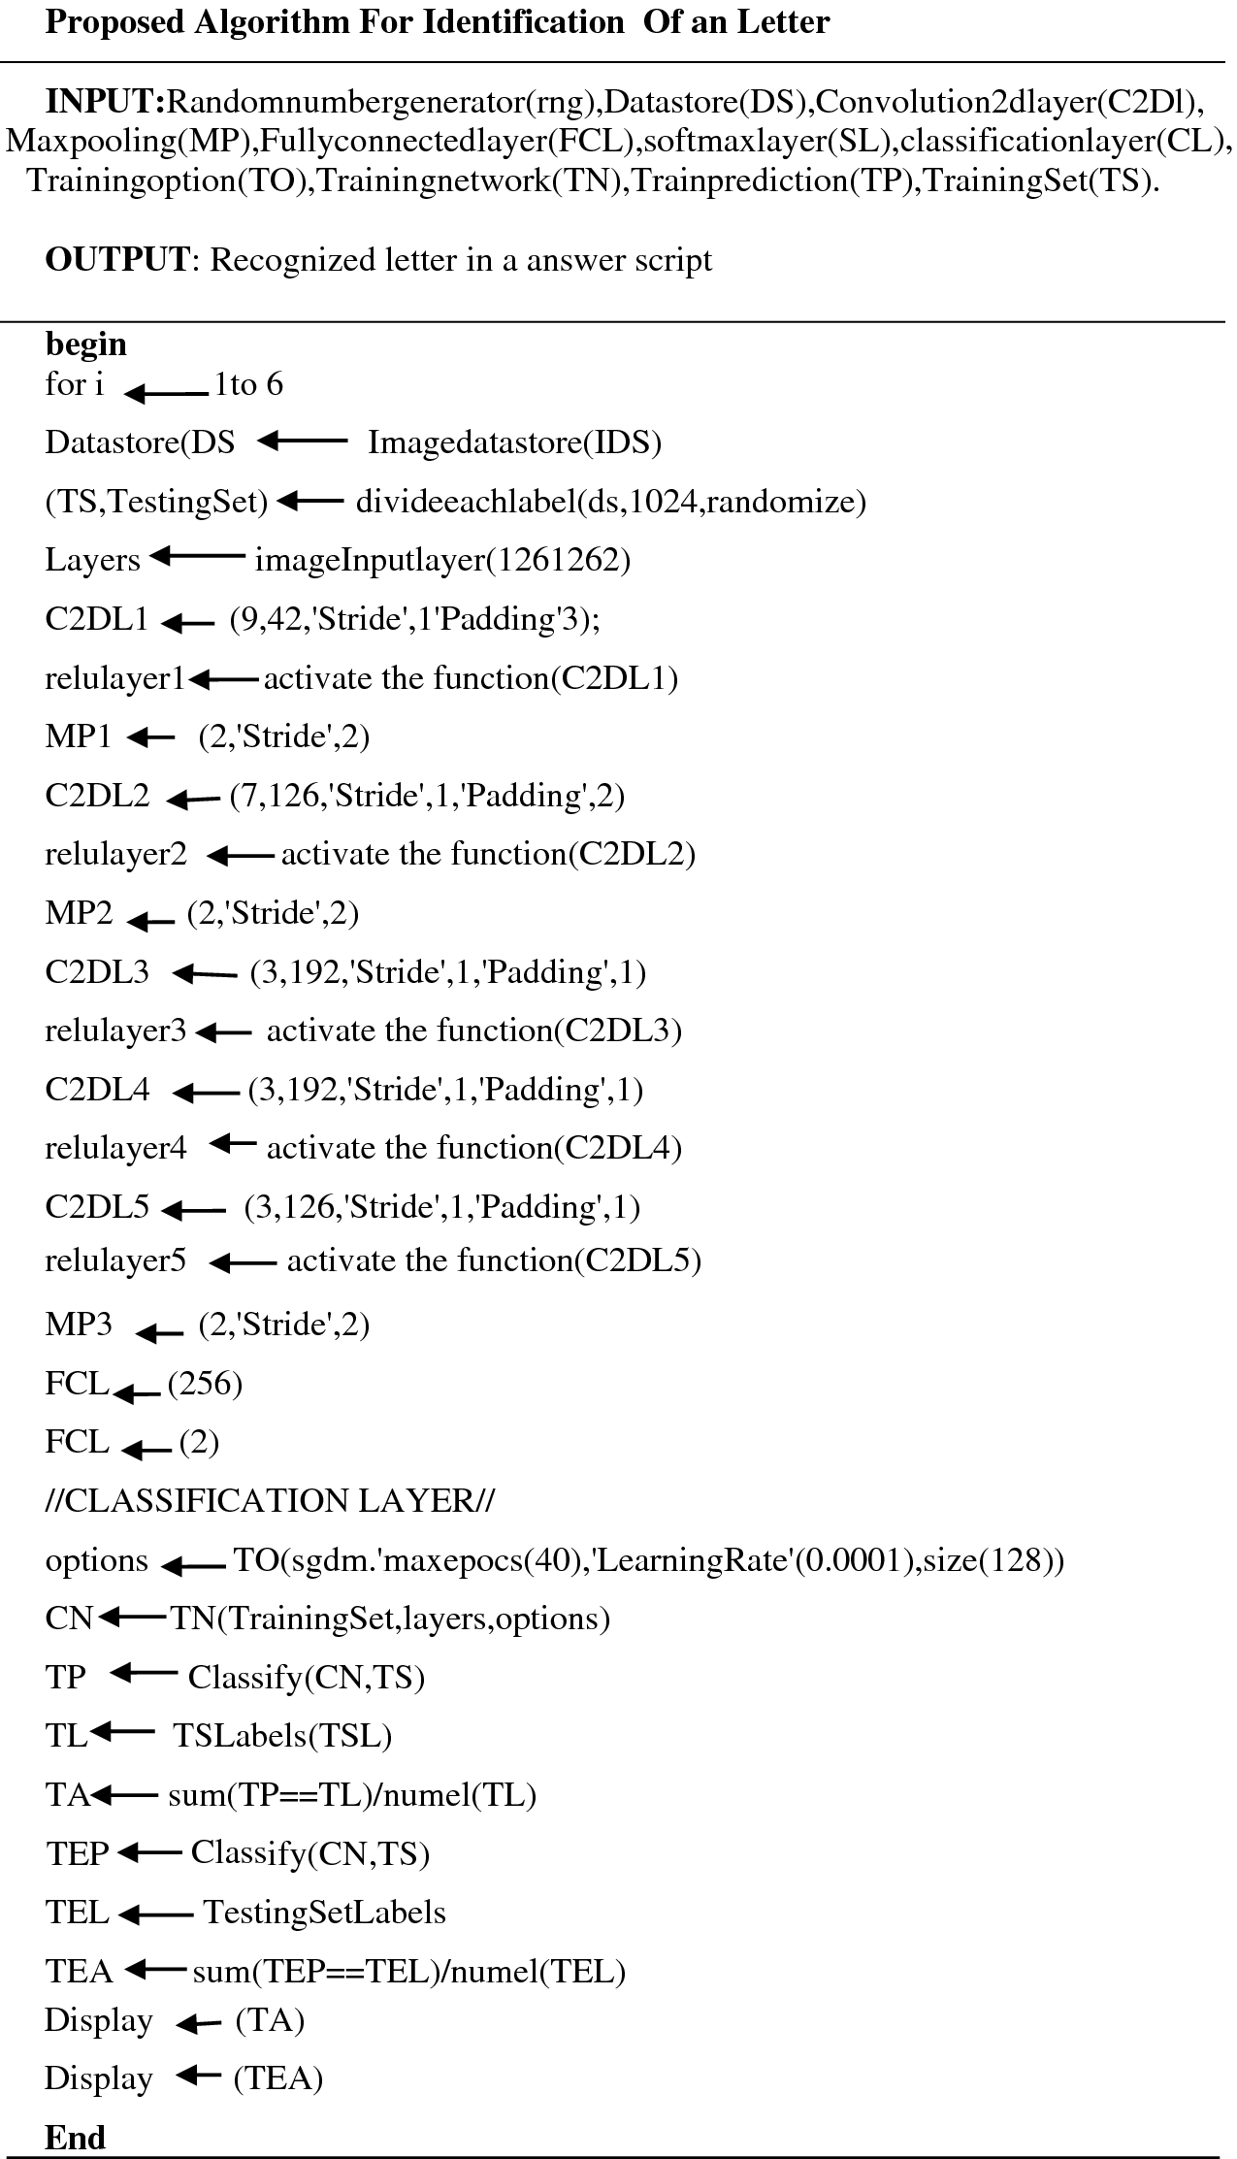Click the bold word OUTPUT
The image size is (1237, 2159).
pyautogui.click(x=117, y=260)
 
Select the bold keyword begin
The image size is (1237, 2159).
pyautogui.click(x=85, y=343)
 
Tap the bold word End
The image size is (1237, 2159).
pyautogui.click(x=75, y=2138)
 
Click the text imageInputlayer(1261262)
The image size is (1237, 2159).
pyautogui.click(x=442, y=560)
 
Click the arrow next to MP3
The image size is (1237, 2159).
pyautogui.click(x=160, y=1334)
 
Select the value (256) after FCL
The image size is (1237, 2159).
pyautogui.click(x=205, y=1384)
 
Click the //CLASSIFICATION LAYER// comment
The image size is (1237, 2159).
pyautogui.click(x=270, y=1501)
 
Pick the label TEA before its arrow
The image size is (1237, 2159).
pyautogui.click(x=79, y=1971)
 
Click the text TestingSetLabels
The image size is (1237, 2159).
pyautogui.click(x=324, y=1912)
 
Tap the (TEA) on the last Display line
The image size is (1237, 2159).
pyautogui.click(x=277, y=2077)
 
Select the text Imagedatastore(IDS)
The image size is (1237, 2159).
pyautogui.click(x=514, y=442)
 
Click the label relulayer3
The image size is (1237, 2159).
pyautogui.click(x=115, y=1030)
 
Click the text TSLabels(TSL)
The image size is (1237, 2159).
pyautogui.click(x=282, y=1735)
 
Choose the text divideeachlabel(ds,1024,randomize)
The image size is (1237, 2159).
pyautogui.click(x=610, y=502)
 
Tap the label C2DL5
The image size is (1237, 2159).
pyautogui.click(x=97, y=1206)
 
